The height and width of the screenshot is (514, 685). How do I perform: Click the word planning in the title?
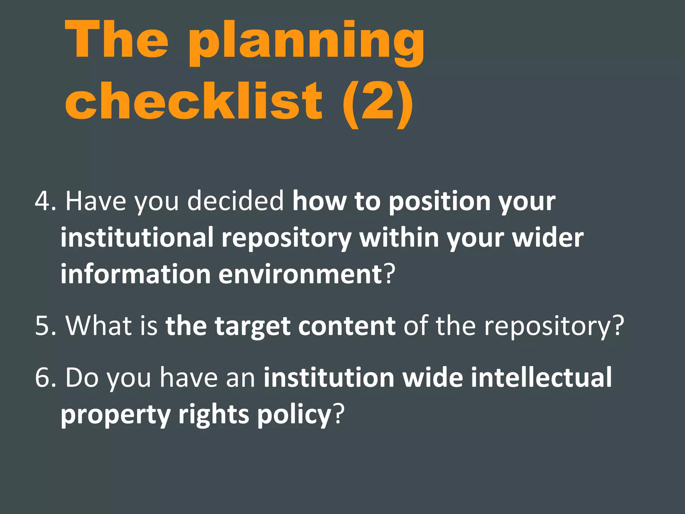click(306, 42)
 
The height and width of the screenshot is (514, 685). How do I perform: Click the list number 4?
click(45, 201)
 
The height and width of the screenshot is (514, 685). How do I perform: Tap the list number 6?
click(45, 378)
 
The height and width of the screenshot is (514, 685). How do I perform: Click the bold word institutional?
click(137, 238)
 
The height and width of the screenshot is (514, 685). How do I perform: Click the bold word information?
click(135, 274)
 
